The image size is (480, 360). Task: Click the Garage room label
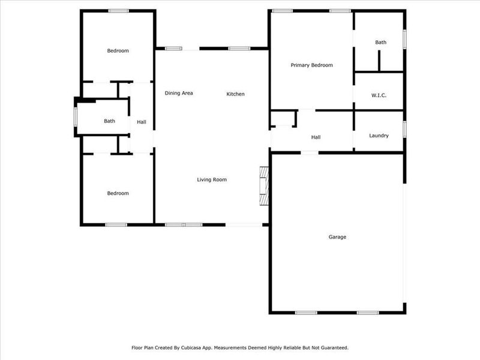point(337,237)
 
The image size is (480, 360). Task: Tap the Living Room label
point(212,179)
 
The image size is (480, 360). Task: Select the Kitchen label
point(235,94)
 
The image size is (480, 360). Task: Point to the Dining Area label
point(179,93)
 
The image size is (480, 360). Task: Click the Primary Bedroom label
point(311,65)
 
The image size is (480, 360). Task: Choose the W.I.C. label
point(379,95)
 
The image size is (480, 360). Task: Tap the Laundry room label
point(379,136)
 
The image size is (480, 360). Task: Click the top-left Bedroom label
point(118,51)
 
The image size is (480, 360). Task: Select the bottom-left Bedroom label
point(118,193)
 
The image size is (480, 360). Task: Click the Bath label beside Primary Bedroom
point(381,43)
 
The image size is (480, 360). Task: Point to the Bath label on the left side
point(109,121)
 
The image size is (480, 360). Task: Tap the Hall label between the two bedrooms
point(142,122)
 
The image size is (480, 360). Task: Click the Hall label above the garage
point(316,137)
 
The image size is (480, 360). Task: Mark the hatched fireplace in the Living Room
point(263,186)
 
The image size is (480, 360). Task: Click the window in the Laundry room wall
point(404,129)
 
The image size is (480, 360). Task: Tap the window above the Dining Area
point(175,49)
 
